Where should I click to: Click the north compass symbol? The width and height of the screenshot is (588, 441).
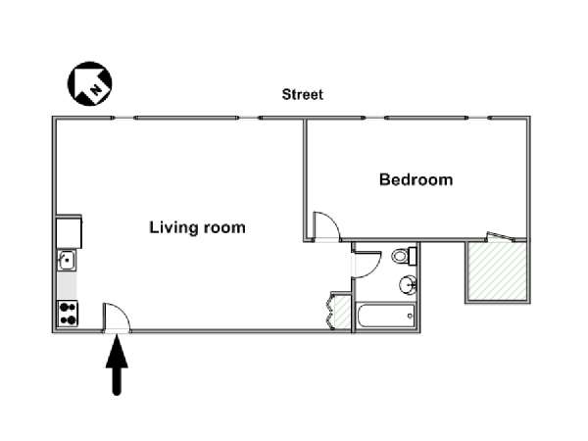tap(89, 83)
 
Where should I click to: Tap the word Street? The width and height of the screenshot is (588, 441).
tap(302, 94)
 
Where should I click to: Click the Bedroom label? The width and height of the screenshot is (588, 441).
tap(416, 179)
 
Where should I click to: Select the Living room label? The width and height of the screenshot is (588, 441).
tap(197, 227)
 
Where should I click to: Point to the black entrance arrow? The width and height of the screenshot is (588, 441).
tap(117, 365)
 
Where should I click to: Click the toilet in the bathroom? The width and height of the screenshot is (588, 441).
tap(404, 256)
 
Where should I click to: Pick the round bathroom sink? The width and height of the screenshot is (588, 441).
tap(408, 285)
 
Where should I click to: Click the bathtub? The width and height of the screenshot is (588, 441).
tap(385, 316)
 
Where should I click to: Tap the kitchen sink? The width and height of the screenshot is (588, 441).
tap(67, 260)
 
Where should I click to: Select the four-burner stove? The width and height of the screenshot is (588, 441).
tap(68, 314)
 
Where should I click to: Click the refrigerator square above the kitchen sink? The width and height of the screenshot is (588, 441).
tap(69, 231)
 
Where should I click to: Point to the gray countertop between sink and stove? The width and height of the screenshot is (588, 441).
tap(67, 285)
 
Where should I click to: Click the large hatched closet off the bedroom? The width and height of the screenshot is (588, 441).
tap(497, 270)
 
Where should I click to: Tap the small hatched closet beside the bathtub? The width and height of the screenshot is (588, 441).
tap(342, 312)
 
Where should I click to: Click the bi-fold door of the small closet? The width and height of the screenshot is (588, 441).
tap(330, 311)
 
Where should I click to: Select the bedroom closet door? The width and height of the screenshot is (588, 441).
tap(499, 236)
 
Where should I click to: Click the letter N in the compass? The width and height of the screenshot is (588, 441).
tap(96, 89)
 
